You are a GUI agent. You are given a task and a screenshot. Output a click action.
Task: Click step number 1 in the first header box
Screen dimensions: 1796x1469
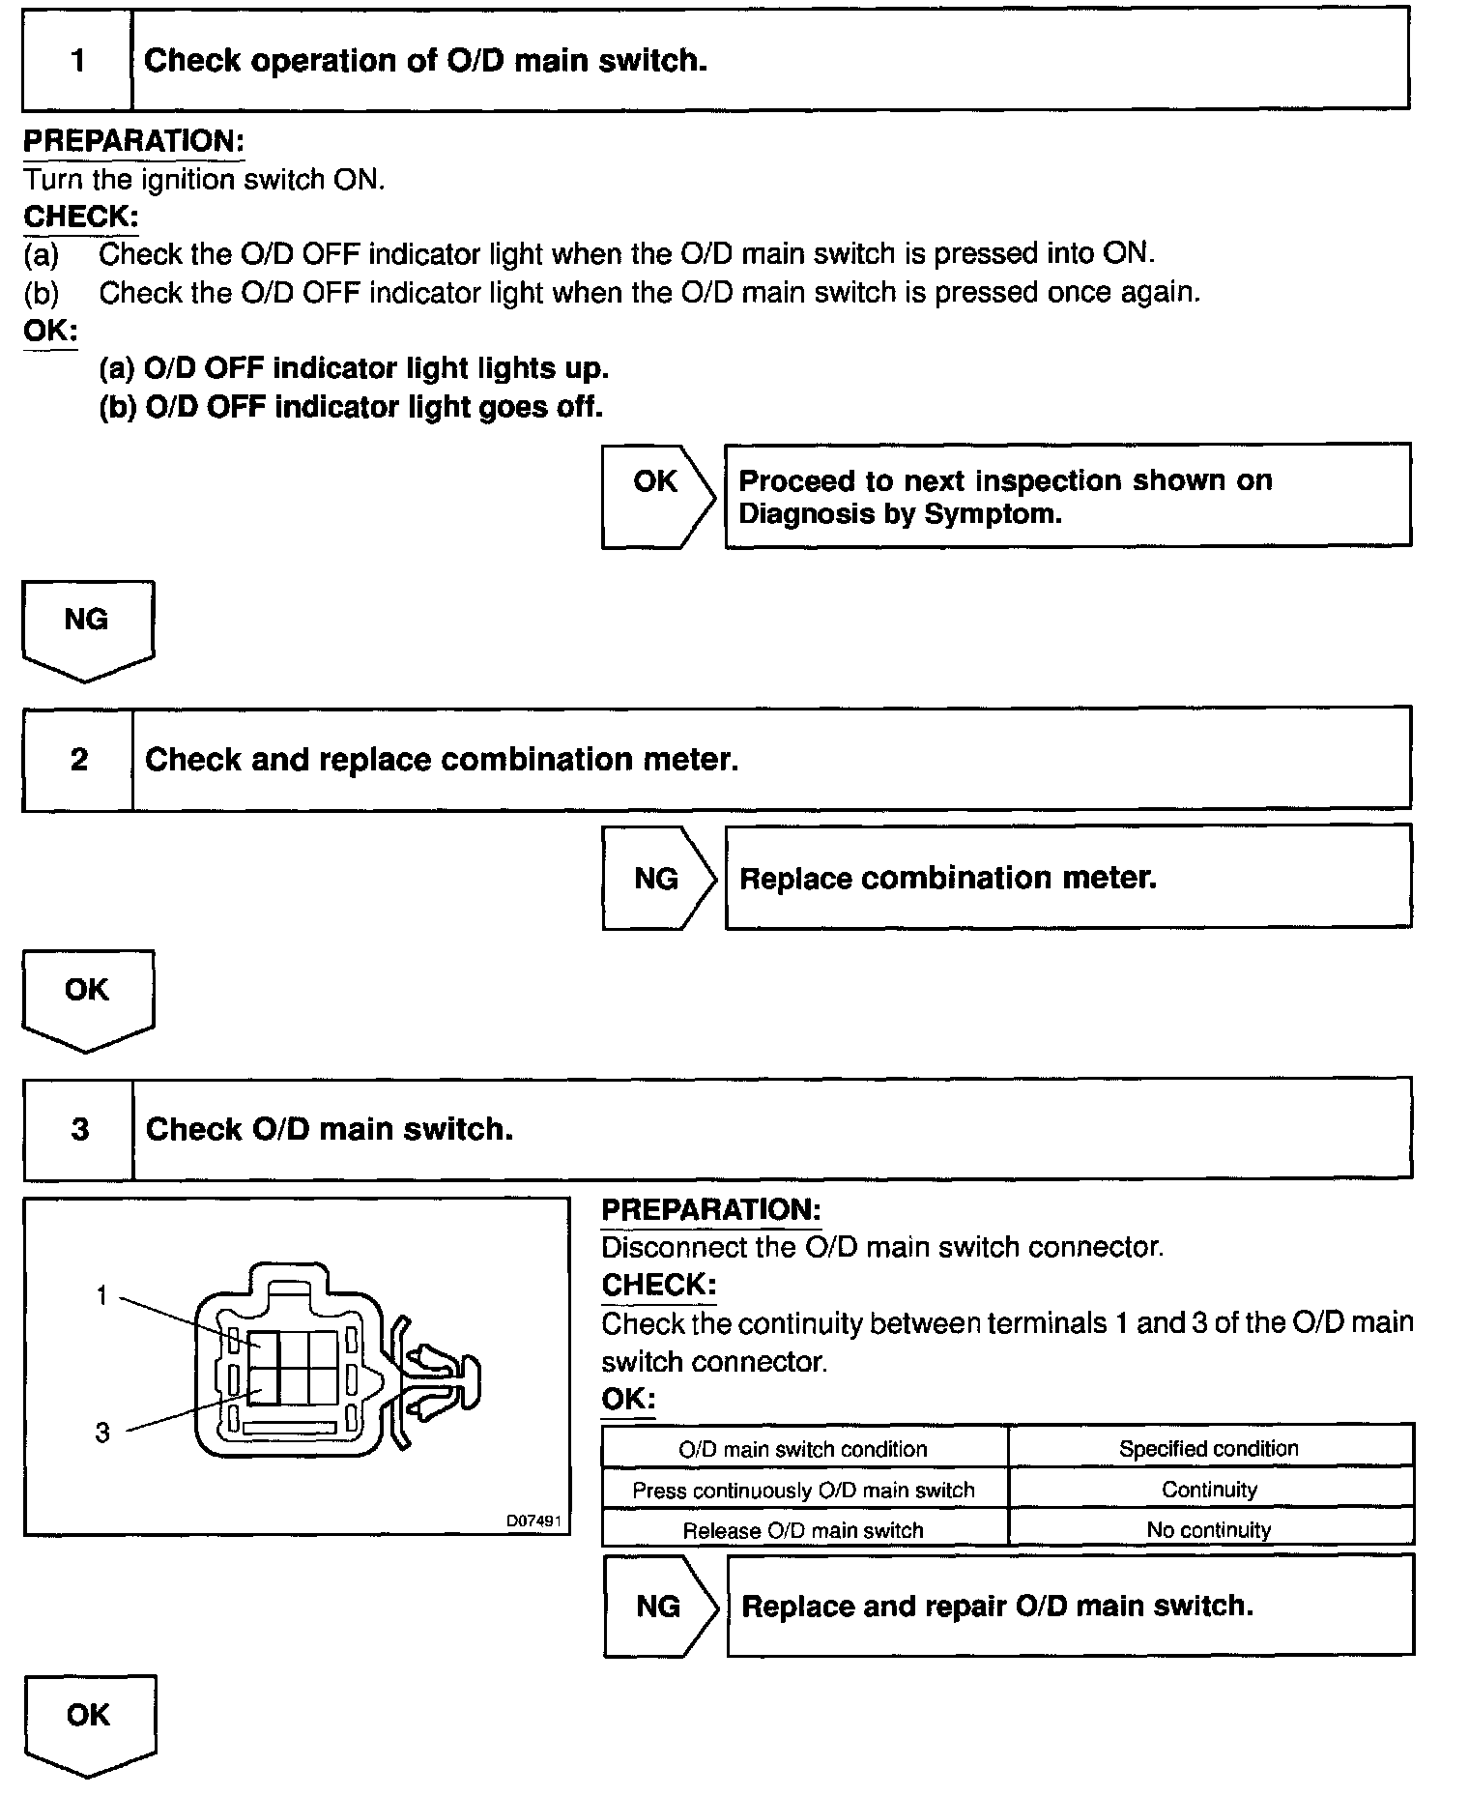click(x=77, y=61)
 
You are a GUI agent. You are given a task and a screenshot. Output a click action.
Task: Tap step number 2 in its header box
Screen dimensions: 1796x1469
click(x=78, y=760)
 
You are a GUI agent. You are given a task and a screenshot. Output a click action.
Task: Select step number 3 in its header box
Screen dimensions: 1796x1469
click(x=79, y=1129)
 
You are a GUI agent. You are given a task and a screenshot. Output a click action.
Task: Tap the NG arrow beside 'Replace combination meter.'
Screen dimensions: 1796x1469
click(x=657, y=879)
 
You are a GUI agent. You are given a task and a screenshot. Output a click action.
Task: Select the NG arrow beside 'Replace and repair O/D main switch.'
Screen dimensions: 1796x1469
click(x=659, y=1607)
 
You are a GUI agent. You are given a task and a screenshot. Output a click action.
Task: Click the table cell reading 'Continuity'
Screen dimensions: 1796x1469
click(x=1209, y=1490)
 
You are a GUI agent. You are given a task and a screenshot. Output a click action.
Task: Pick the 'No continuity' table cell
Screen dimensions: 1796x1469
click(x=1209, y=1530)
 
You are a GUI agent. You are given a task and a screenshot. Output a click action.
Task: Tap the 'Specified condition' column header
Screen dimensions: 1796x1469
click(x=1209, y=1449)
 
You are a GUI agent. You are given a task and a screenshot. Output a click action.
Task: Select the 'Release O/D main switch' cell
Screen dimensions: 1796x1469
click(x=803, y=1530)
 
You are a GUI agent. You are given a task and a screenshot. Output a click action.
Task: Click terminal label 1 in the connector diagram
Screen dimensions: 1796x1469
click(x=102, y=1295)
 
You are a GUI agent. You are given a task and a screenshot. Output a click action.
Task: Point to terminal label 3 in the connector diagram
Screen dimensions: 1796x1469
click(x=102, y=1433)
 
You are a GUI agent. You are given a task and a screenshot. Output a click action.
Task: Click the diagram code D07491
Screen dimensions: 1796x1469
click(x=533, y=1521)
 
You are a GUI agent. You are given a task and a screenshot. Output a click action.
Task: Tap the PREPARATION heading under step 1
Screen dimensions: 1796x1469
click(x=133, y=141)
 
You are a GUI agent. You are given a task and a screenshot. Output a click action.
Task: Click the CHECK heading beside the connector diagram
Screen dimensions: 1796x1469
click(x=659, y=1286)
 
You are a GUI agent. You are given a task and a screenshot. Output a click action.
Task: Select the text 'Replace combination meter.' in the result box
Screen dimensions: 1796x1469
click(x=947, y=879)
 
